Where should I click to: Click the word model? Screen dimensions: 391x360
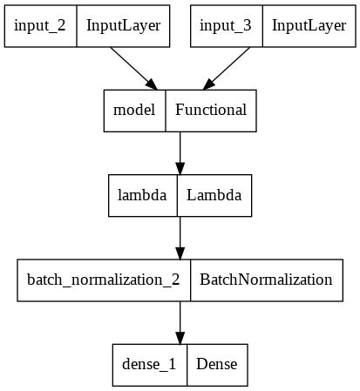click(135, 110)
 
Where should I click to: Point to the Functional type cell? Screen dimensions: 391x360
click(211, 110)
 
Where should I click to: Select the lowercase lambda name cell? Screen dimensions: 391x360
click(142, 195)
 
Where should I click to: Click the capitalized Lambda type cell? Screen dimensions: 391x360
click(214, 195)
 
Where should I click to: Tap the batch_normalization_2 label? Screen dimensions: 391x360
click(104, 280)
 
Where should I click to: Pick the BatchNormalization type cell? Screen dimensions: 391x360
click(266, 280)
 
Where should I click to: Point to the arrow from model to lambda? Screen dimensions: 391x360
click(180, 152)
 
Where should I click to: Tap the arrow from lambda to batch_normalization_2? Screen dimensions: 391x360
click(180, 237)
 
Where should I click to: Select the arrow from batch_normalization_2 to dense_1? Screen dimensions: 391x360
click(180, 321)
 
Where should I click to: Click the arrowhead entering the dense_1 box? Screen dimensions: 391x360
click(180, 338)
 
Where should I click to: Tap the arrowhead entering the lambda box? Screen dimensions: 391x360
click(180, 168)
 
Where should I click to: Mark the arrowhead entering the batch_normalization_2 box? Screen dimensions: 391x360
click(180, 253)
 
